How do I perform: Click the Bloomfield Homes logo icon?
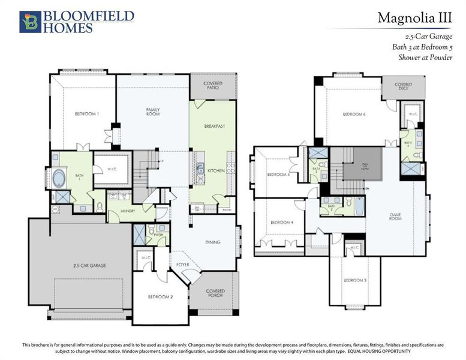[x=30, y=21]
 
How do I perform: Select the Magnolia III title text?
[x=414, y=18]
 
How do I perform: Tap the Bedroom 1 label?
[x=86, y=114]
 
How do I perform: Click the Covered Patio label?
[x=212, y=85]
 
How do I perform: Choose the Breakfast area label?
[x=214, y=127]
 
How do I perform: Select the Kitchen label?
[x=215, y=171]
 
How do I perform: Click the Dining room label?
[x=212, y=242]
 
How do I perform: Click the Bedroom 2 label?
[x=160, y=296]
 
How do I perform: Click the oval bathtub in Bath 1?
[x=60, y=178]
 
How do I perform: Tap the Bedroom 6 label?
[x=354, y=114]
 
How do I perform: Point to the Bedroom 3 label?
[x=356, y=281]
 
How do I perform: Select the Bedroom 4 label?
[x=281, y=223]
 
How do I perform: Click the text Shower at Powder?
[x=423, y=58]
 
